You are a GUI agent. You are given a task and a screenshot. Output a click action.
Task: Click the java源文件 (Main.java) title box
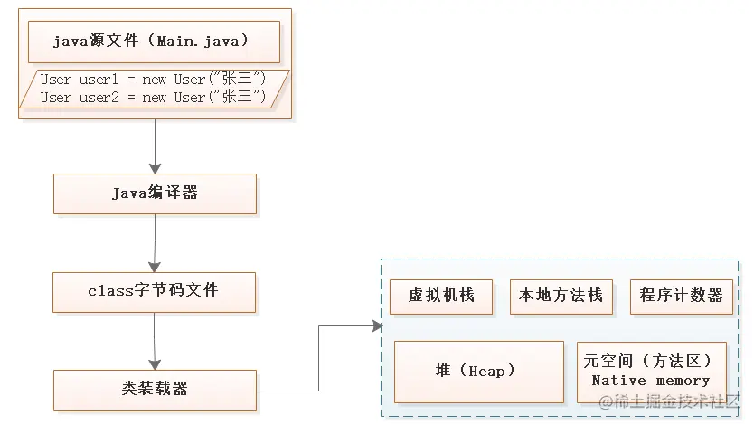154,41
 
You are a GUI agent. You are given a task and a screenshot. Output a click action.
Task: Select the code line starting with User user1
153,80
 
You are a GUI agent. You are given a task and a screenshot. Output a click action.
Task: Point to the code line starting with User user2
153,97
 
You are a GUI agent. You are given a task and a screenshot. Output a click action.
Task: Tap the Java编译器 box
155,193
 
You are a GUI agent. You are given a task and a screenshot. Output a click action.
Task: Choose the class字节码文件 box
154,291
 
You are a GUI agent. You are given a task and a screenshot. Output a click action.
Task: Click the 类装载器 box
154,389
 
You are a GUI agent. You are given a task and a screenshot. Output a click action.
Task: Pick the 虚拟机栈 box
441,296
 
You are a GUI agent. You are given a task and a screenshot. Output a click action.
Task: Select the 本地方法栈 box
561,296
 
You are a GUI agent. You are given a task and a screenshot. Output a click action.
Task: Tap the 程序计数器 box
681,296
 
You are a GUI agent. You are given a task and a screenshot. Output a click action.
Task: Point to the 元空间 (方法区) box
651,361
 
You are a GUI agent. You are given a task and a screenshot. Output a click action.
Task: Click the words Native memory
651,381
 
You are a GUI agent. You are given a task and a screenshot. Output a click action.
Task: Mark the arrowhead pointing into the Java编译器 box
155,168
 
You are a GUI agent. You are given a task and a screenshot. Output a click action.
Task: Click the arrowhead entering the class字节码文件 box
155,266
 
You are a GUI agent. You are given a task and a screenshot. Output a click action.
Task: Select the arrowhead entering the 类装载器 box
155,363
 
